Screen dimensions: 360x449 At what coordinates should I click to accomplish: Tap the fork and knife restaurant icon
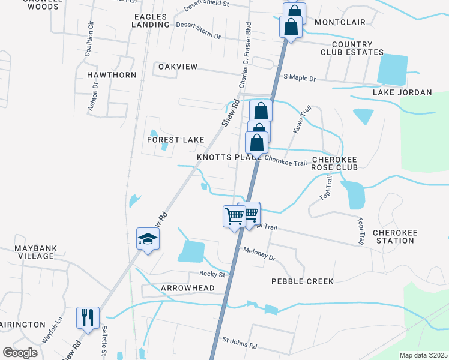[88, 318]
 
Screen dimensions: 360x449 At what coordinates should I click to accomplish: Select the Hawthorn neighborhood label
[112, 75]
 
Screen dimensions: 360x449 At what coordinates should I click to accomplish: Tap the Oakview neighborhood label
[178, 67]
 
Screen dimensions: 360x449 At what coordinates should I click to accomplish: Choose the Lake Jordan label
[402, 92]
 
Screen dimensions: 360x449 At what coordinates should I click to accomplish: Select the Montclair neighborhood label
[340, 22]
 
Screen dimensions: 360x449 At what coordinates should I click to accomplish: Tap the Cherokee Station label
[393, 236]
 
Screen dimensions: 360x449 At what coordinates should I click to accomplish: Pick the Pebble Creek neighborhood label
[301, 281]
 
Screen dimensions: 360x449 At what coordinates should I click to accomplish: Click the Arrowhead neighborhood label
[188, 288]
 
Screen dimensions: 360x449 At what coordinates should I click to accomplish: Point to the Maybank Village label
[27, 252]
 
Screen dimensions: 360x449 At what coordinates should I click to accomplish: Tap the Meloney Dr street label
[258, 253]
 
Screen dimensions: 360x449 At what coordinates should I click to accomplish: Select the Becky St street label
[212, 274]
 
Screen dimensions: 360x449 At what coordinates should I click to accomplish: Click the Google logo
[20, 353]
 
